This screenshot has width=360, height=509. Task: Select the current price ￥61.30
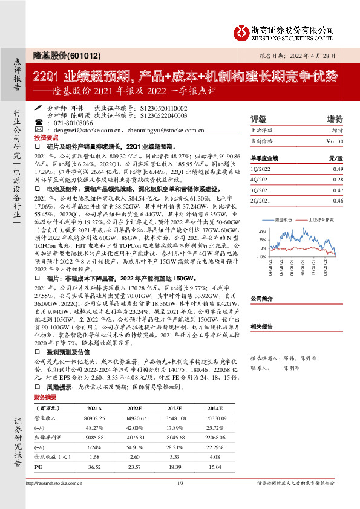(334, 141)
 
